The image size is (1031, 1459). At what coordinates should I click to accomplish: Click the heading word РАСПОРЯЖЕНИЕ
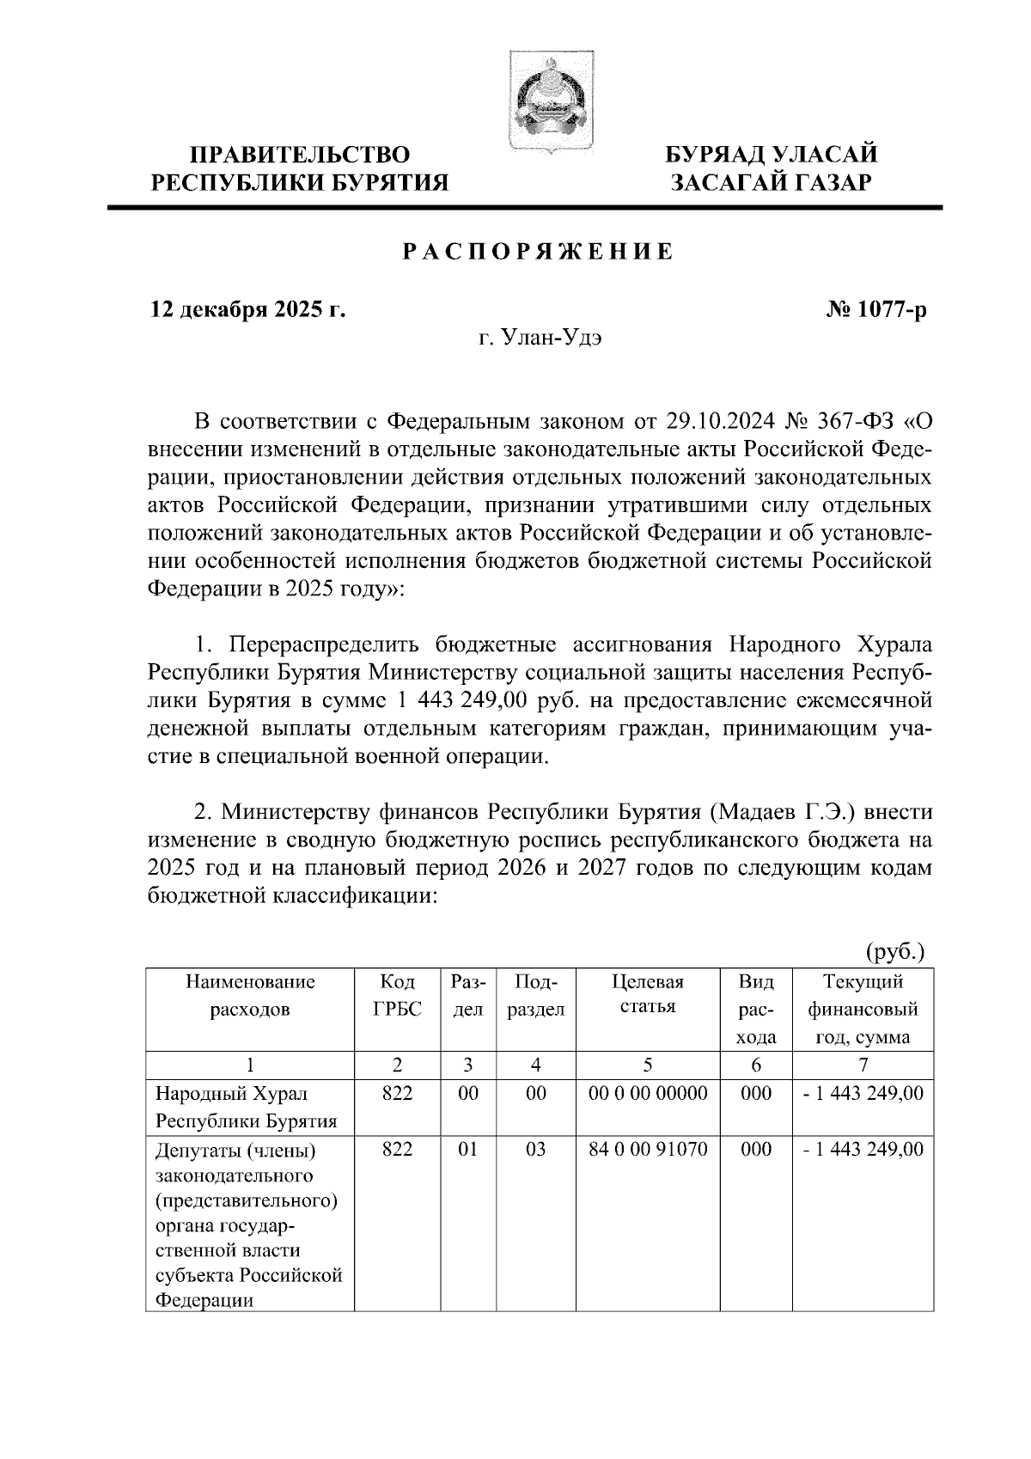click(x=538, y=253)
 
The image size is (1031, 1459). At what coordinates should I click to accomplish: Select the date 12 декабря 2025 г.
click(x=248, y=309)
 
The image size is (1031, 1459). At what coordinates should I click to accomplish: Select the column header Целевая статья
click(x=648, y=994)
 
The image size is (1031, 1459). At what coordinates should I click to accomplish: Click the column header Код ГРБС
click(x=397, y=994)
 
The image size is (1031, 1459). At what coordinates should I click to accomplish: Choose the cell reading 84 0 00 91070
click(x=648, y=1149)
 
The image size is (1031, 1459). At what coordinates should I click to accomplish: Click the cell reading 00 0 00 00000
click(x=648, y=1094)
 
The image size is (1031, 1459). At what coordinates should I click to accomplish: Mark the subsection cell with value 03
click(x=535, y=1149)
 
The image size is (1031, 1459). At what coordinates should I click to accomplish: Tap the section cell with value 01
click(x=467, y=1149)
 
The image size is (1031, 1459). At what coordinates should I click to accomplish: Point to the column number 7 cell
click(x=863, y=1065)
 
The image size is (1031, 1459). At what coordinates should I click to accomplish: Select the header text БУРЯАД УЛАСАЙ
click(x=772, y=155)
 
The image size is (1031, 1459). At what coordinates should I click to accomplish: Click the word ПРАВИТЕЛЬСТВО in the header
click(x=300, y=155)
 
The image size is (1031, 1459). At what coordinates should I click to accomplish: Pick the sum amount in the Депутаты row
click(x=863, y=1149)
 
